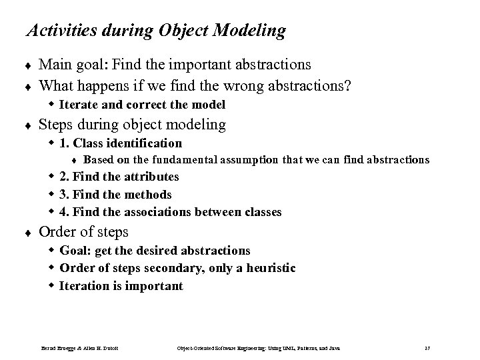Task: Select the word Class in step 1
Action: click(x=90, y=143)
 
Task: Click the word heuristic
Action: click(x=269, y=268)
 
